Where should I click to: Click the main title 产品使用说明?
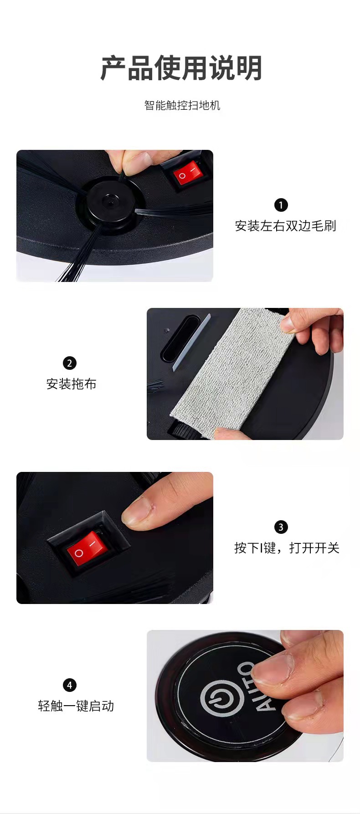point(181,68)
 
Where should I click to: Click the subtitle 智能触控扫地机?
point(182,105)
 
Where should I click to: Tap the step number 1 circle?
point(281,205)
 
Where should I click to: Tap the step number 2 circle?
point(70,363)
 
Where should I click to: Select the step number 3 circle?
point(281,527)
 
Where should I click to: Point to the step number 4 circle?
point(70,685)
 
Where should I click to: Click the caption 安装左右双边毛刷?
point(285,226)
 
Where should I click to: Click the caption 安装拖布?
point(72,384)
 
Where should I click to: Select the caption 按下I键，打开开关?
point(287,548)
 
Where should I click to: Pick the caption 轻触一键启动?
point(76,706)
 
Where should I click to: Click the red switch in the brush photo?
point(188,173)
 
